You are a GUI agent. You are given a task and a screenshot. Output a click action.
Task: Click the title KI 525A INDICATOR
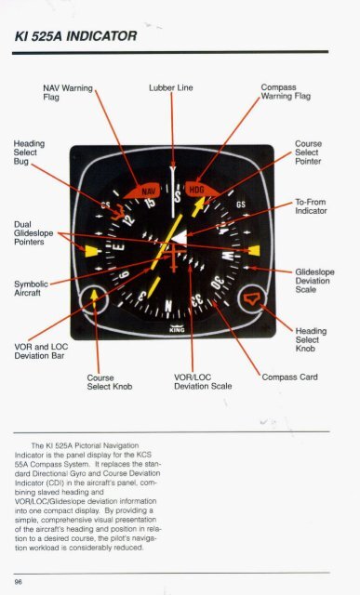[x=75, y=36]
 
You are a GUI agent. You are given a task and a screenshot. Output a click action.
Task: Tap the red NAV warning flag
[x=142, y=191]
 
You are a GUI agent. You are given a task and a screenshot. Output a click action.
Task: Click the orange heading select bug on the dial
[x=118, y=213]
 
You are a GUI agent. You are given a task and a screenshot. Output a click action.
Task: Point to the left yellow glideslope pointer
[x=92, y=251]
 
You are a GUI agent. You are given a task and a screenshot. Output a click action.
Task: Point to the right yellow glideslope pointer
[x=254, y=250]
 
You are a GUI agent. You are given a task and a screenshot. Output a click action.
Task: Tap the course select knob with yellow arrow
[x=94, y=299]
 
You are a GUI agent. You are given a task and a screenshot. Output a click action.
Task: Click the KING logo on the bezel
[x=177, y=328]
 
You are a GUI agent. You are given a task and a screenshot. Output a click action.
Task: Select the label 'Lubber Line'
[x=171, y=87]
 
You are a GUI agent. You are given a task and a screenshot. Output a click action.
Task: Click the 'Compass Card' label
[x=289, y=377]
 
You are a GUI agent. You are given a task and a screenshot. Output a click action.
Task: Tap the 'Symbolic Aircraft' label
[x=31, y=288]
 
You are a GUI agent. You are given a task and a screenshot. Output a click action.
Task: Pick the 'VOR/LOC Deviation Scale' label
[x=203, y=382]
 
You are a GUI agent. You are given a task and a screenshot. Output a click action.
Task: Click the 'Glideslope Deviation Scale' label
[x=314, y=281]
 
